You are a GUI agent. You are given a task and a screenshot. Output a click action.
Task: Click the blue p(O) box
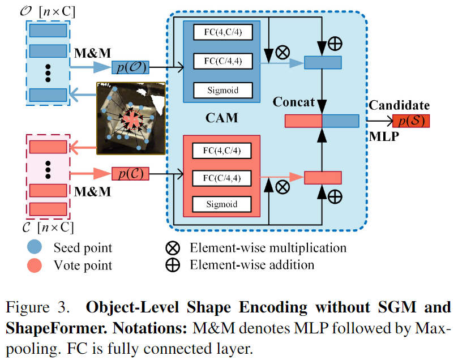click(x=131, y=67)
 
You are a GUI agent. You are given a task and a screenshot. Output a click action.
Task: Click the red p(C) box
click(x=131, y=174)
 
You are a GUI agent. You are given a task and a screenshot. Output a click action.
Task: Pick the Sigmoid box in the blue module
click(x=221, y=89)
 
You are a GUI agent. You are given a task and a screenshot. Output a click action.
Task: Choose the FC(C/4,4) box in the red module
click(x=221, y=178)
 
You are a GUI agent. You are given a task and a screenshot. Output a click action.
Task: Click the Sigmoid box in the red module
click(x=221, y=204)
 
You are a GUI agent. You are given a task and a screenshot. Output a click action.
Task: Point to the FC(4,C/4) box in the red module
click(x=221, y=151)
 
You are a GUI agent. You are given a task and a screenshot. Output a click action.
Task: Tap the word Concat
click(x=294, y=102)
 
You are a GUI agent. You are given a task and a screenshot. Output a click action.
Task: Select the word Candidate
click(x=399, y=105)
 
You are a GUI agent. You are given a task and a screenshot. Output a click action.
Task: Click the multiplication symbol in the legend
click(x=172, y=247)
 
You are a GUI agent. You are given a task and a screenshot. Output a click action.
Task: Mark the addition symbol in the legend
click(x=172, y=264)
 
